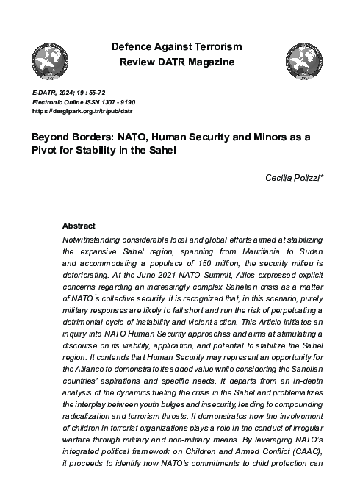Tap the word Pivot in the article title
click(46, 150)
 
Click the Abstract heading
click(79, 226)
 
